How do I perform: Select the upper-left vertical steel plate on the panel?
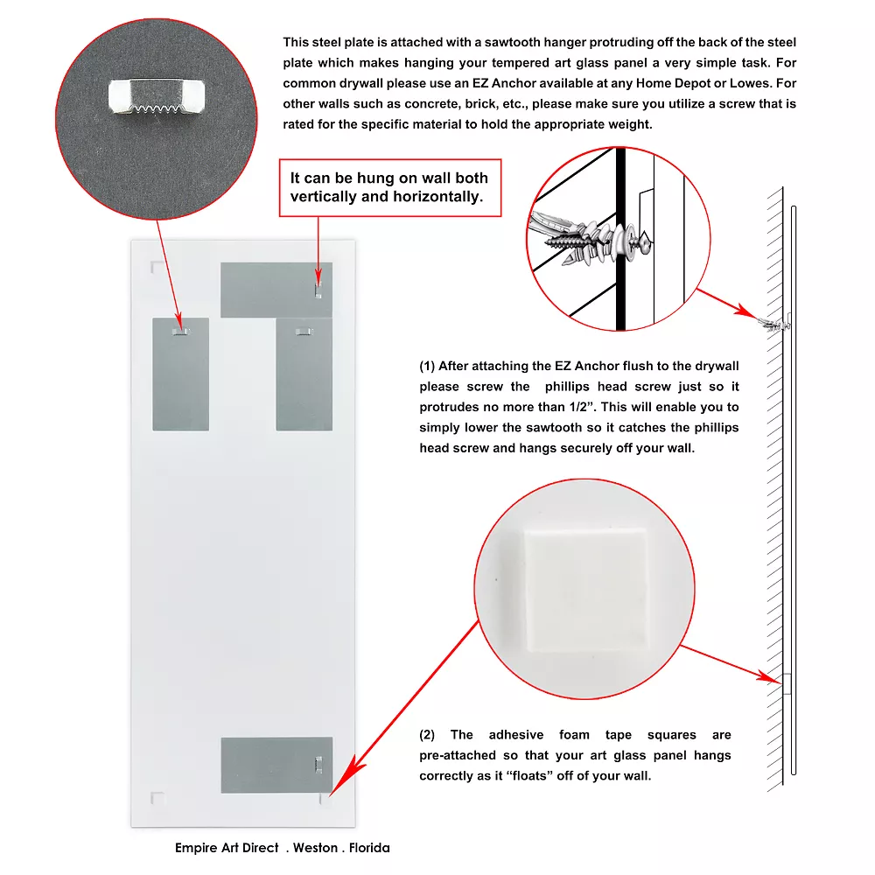(181, 374)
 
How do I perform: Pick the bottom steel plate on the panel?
(276, 765)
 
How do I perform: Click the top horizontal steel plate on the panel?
(276, 290)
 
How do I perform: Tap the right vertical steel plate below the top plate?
(304, 374)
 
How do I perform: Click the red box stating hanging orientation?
(390, 187)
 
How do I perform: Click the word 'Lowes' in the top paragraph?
(751, 83)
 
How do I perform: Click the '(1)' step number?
(427, 366)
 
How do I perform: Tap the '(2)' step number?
(427, 735)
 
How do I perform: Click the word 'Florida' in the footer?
(369, 848)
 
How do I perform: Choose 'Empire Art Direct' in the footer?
(227, 848)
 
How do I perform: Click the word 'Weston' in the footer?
(315, 848)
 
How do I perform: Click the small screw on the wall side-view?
(774, 323)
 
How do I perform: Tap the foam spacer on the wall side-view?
(787, 684)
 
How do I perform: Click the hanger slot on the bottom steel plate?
(318, 765)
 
